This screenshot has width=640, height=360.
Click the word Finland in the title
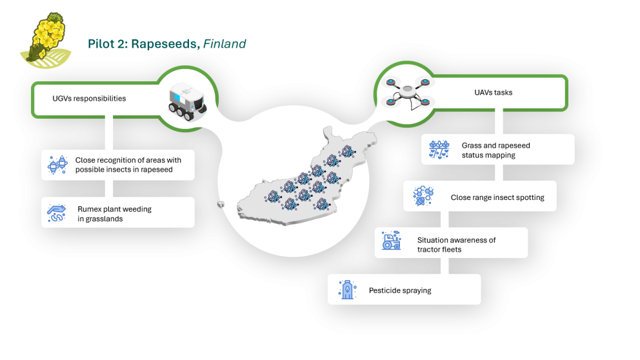click(x=225, y=45)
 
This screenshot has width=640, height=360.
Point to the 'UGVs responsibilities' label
click(x=89, y=99)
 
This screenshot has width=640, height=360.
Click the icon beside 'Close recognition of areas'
click(x=57, y=165)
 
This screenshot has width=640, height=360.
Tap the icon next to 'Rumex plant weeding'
click(x=57, y=212)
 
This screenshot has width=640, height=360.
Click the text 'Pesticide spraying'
click(x=400, y=290)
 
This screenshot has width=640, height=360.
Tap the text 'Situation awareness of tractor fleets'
click(x=456, y=245)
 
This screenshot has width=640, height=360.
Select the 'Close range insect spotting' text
click(x=497, y=197)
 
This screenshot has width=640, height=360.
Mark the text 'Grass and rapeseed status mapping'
click(x=495, y=150)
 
